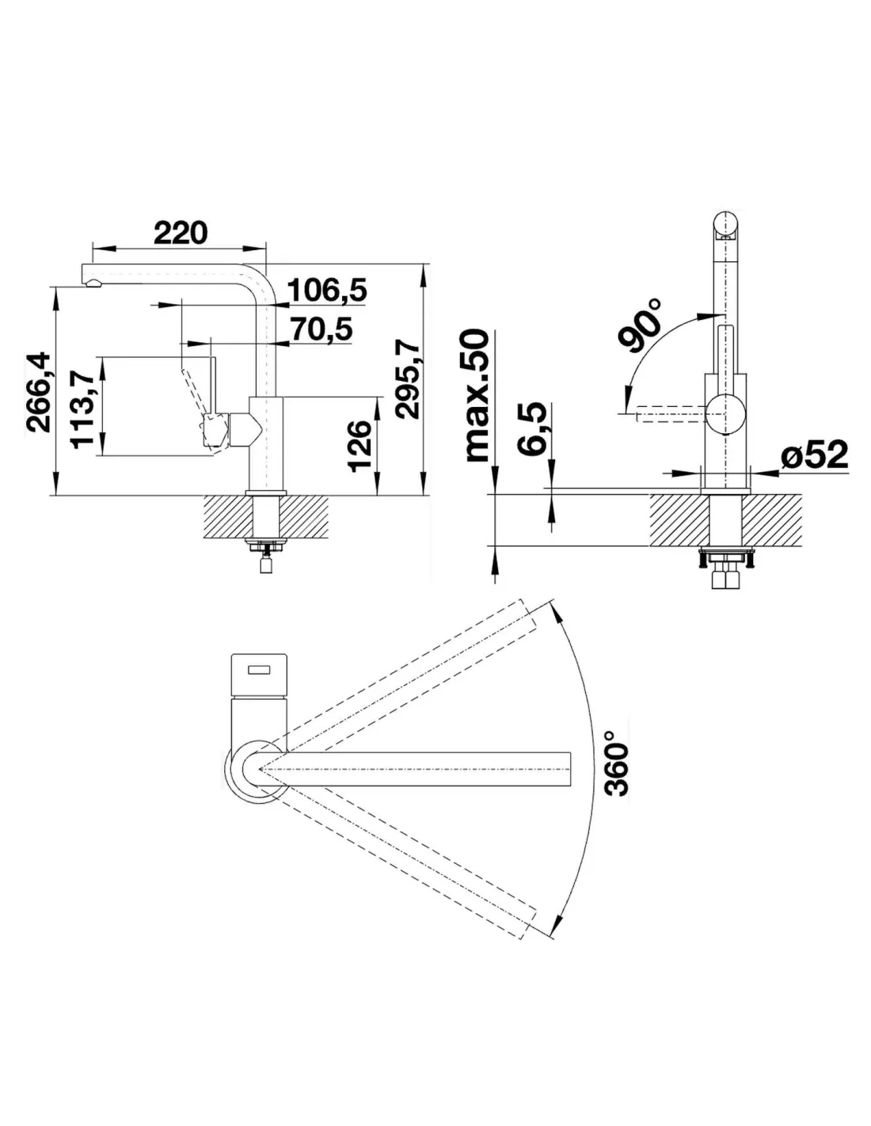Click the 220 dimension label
181,233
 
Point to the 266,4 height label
39,392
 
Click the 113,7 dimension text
83,405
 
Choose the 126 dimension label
360,446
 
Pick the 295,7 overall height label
407,379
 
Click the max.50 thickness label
477,395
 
